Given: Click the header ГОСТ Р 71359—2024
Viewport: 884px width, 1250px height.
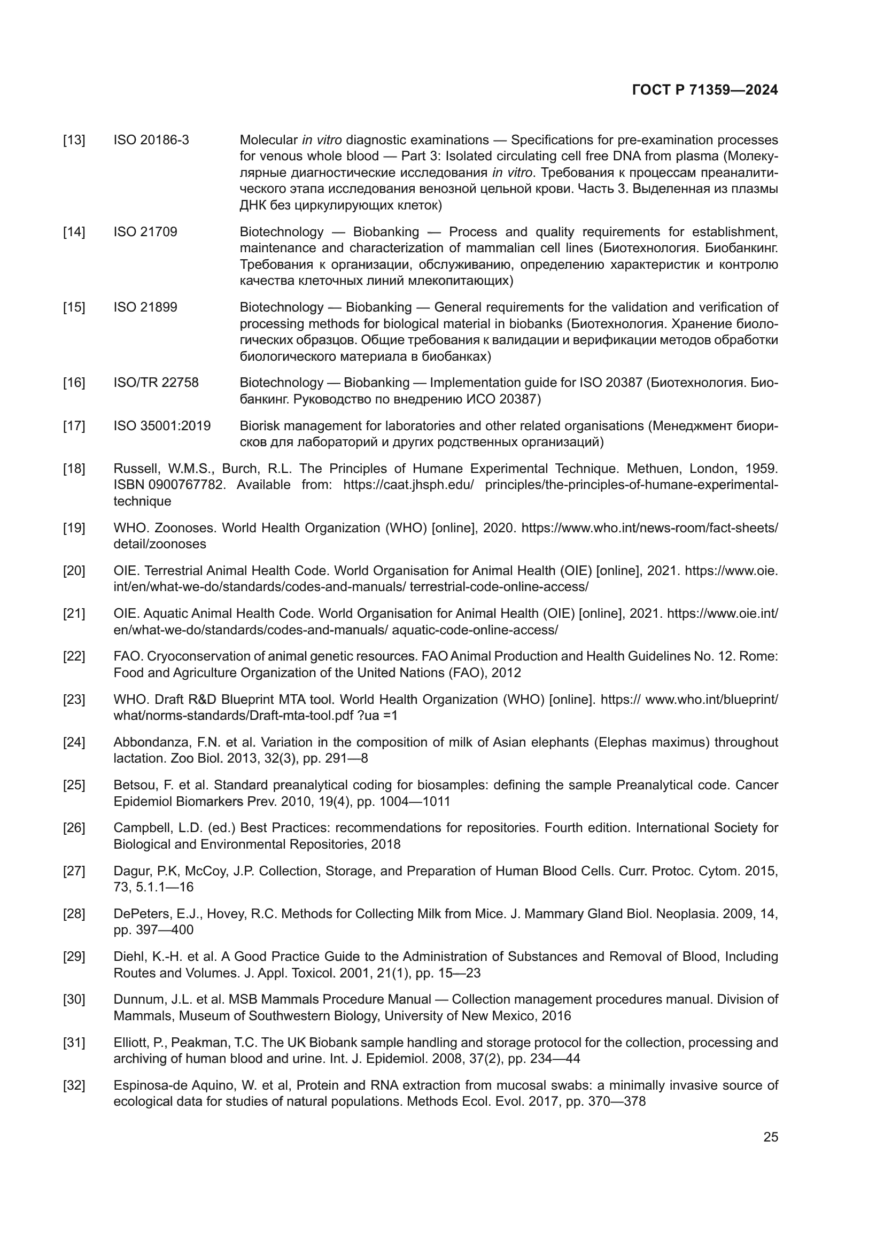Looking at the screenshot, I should (x=705, y=90).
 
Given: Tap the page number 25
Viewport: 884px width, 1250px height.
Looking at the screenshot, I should (x=770, y=1137).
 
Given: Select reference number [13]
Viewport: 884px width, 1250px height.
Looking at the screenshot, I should (x=74, y=141).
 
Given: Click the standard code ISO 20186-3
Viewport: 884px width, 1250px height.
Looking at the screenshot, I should (x=151, y=141).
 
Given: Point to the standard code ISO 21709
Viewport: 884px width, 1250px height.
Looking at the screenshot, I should (x=145, y=232).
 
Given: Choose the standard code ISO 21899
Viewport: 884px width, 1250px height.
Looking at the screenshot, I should (x=145, y=308).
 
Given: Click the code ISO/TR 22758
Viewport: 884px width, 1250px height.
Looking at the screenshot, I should (x=156, y=383).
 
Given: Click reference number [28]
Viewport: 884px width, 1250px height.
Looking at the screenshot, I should (x=74, y=914).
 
